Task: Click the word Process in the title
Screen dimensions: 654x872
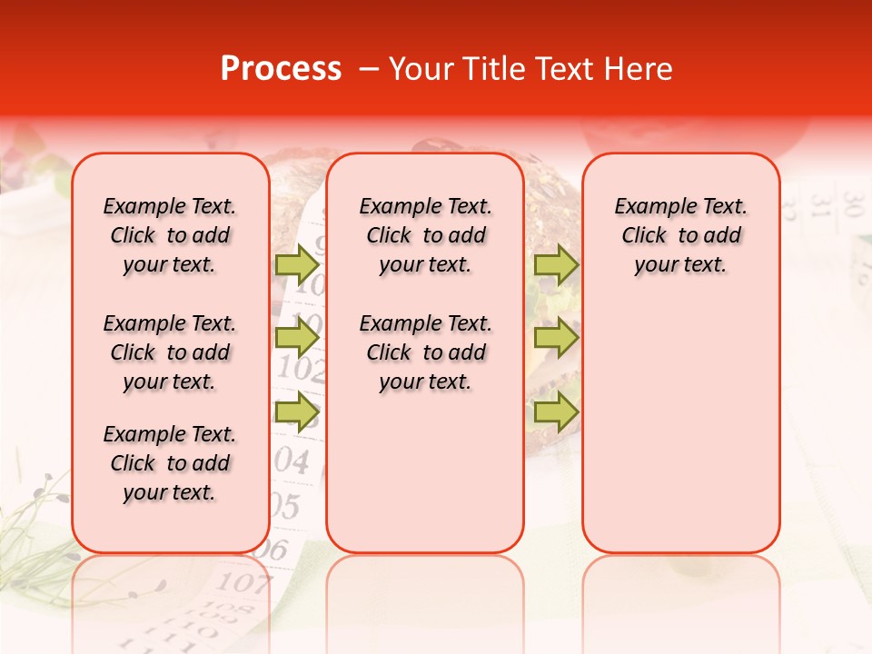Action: (281, 69)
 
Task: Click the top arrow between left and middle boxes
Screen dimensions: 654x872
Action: (296, 264)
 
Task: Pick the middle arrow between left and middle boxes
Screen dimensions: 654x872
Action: (296, 338)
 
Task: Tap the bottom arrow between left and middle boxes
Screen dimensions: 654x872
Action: (296, 411)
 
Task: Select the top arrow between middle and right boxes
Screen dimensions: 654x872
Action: (556, 264)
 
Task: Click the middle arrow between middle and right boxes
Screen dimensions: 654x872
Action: (556, 338)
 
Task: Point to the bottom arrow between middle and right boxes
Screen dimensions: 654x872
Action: (556, 411)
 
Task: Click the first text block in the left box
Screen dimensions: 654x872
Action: (170, 235)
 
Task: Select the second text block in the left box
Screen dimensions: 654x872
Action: (170, 352)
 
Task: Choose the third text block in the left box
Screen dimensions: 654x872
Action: (170, 463)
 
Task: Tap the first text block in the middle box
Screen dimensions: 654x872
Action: (425, 235)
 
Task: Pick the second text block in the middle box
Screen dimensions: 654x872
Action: (425, 352)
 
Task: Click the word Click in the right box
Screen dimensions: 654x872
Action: (644, 235)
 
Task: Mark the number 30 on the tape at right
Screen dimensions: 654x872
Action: (851, 199)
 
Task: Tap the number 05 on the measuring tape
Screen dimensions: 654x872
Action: (286, 505)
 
